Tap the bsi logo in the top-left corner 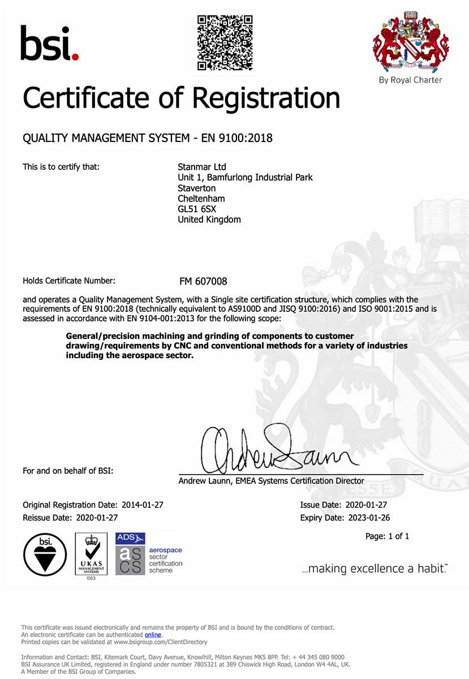click(49, 43)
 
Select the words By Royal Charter click(411, 80)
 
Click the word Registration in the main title click(266, 98)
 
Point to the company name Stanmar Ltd click(202, 167)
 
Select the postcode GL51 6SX click(197, 209)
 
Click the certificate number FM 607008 click(203, 281)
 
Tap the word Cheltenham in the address click(201, 199)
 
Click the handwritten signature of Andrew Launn click(277, 450)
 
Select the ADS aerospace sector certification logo click(148, 553)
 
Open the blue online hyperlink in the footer click(153, 635)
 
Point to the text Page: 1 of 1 click(388, 536)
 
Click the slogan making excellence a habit click(375, 569)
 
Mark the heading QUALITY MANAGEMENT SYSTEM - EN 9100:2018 click(147, 137)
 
